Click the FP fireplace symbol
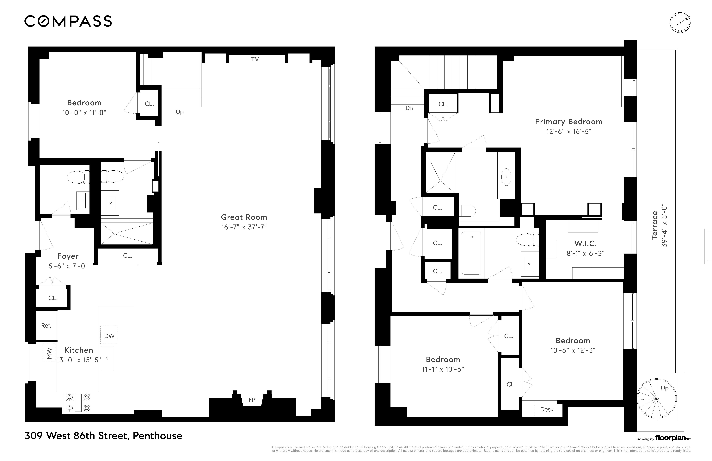coord(252,400)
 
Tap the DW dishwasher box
coord(109,336)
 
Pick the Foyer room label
coord(68,256)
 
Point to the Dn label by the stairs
coord(409,108)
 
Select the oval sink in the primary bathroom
coord(506,177)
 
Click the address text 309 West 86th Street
coord(103,436)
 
